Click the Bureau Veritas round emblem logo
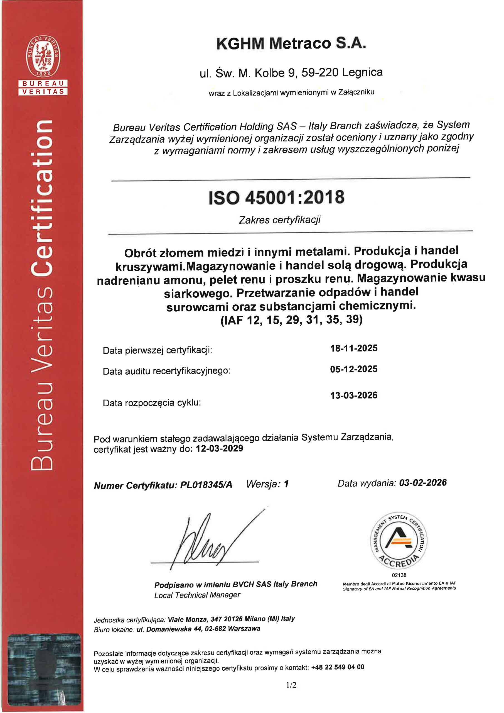click(x=43, y=56)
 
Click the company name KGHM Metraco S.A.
click(x=291, y=43)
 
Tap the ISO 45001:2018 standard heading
click(x=276, y=197)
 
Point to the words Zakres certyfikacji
click(x=279, y=220)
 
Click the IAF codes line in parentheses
click(x=291, y=320)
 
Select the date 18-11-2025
click(x=353, y=348)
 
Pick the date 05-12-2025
click(x=353, y=369)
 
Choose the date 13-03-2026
click(x=353, y=395)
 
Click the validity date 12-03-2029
click(x=219, y=448)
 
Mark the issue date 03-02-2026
click(x=423, y=483)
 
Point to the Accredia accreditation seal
click(x=399, y=540)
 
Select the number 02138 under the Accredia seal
click(x=399, y=575)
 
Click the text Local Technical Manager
click(x=197, y=595)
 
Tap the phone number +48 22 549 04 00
click(x=337, y=667)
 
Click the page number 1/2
click(x=291, y=685)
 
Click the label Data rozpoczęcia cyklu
click(x=151, y=403)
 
